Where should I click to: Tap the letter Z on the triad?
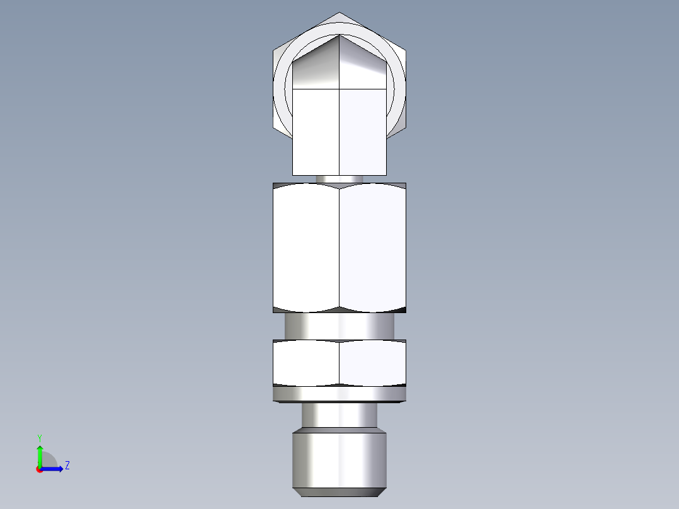(x=67, y=466)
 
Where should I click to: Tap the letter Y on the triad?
(x=39, y=437)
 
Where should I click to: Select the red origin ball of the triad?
(x=40, y=469)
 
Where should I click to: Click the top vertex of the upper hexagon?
(x=339, y=13)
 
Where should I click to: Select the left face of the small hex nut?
(x=306, y=362)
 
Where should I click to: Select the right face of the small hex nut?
(x=373, y=362)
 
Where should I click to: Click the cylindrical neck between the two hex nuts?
(x=339, y=326)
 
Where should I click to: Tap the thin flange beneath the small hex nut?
(x=339, y=394)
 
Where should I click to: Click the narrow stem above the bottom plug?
(x=339, y=416)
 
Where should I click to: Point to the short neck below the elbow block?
(x=339, y=179)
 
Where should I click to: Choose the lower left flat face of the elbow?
(x=316, y=132)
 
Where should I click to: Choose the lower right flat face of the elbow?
(x=362, y=132)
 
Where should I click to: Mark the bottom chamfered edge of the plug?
(x=339, y=491)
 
